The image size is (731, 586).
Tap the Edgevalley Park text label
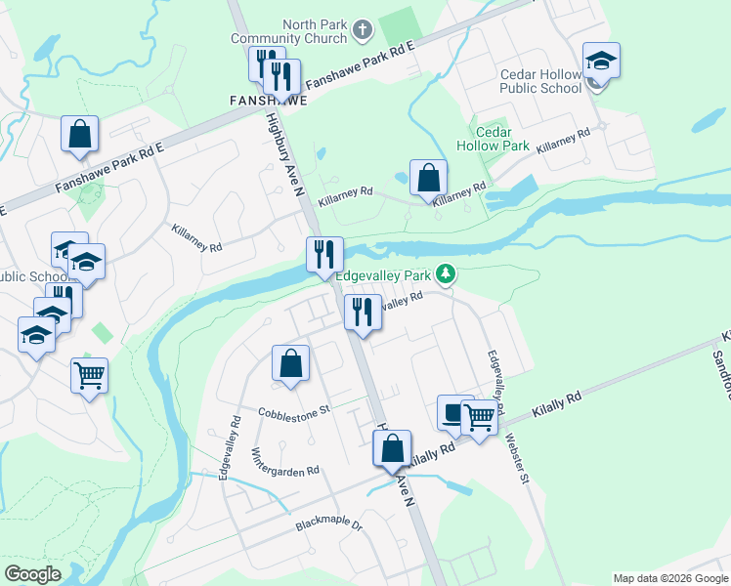pos(384,275)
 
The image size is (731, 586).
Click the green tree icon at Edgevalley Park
pos(446,274)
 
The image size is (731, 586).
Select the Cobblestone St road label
pos(295,412)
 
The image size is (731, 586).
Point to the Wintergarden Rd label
pos(285,463)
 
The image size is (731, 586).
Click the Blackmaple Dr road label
pos(329,525)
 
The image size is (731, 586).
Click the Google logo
pos(32,574)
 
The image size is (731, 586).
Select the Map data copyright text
pos(669,578)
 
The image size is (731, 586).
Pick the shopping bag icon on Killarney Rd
pos(428,178)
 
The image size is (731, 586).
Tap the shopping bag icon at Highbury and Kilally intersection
pos(392,449)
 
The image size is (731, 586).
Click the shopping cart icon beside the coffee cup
pos(478,418)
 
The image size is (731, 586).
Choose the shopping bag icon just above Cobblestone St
pos(290,363)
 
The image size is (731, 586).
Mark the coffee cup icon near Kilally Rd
pos(453,413)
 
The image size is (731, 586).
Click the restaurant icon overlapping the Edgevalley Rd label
pos(363,313)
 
